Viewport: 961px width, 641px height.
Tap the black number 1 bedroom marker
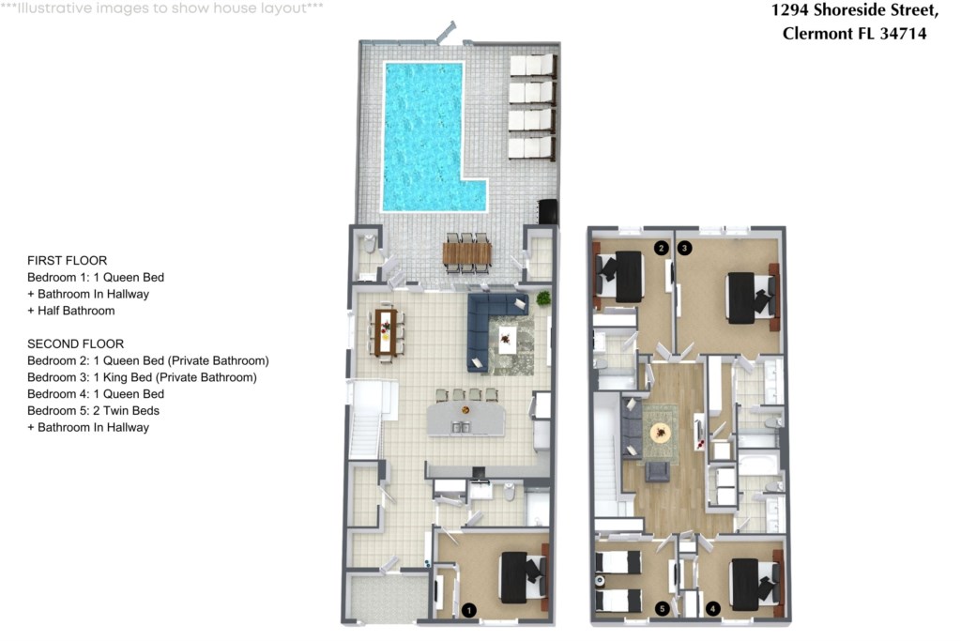469,610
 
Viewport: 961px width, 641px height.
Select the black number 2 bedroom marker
661,248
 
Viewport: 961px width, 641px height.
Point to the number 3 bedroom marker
684,248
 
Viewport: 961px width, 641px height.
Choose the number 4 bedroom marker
713,608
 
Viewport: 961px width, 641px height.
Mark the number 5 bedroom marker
662,608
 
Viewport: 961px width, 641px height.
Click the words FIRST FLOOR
67,261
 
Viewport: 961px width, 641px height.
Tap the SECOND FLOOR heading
75,343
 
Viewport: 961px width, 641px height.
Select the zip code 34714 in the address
903,33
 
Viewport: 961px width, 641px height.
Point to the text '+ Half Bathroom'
71,311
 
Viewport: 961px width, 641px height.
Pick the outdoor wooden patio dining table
467,253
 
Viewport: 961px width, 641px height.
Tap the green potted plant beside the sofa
543,298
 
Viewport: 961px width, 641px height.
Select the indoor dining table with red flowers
386,331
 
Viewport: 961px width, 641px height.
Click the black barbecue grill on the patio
548,211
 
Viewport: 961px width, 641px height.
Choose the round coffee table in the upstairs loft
660,433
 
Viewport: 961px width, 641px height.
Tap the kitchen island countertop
465,419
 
